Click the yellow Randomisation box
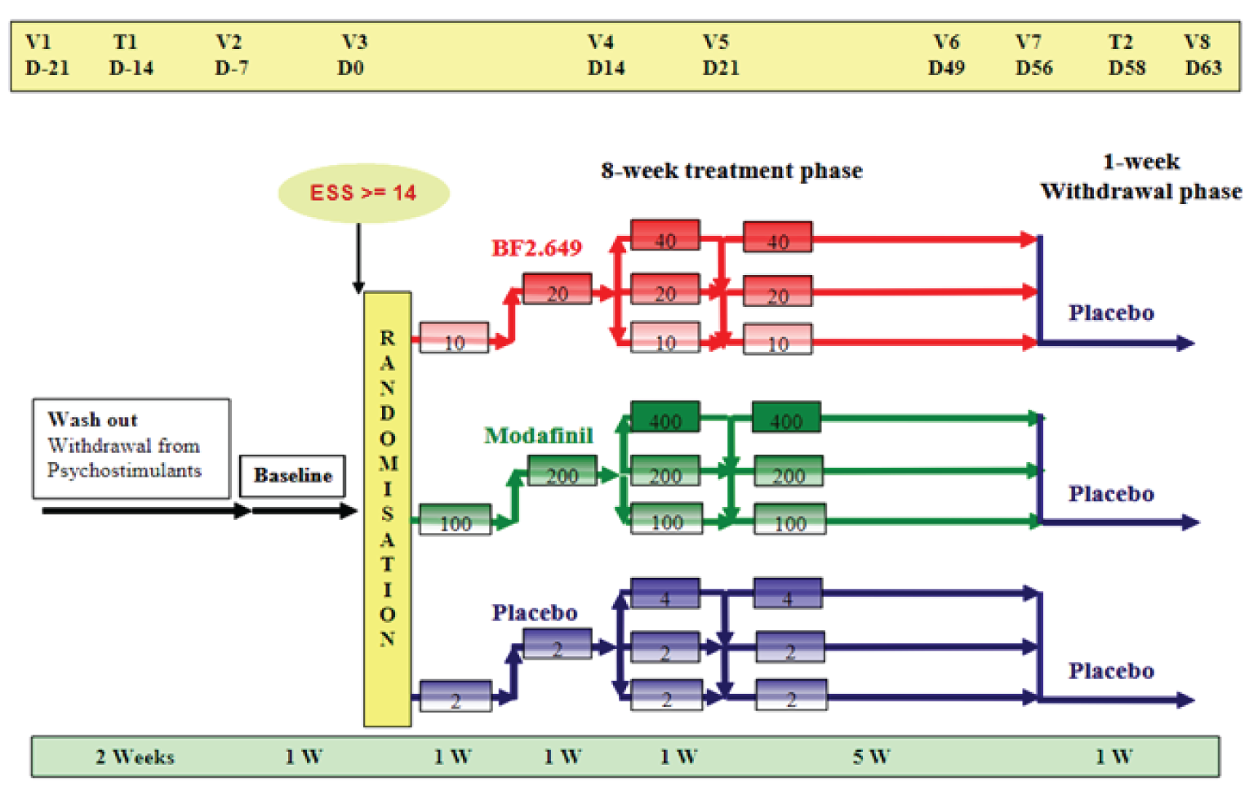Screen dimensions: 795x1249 [x=387, y=508]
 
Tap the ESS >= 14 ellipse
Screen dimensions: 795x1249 [x=363, y=193]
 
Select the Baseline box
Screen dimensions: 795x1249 [x=292, y=476]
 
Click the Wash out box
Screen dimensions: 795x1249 [x=131, y=448]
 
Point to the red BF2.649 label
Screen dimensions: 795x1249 [x=536, y=248]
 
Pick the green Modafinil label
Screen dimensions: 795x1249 [x=538, y=436]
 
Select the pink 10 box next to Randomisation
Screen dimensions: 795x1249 [x=454, y=338]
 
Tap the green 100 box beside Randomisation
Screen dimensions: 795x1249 [x=455, y=520]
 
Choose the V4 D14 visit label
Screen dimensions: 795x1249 [x=606, y=55]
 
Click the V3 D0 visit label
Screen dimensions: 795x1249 [x=353, y=55]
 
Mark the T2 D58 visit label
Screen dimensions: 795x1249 [x=1126, y=55]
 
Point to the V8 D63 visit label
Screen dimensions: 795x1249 [x=1202, y=55]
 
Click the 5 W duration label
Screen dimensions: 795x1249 [x=871, y=757]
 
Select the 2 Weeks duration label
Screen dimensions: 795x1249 [x=135, y=757]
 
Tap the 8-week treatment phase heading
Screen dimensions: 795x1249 [x=731, y=171]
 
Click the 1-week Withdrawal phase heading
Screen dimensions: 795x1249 [x=1140, y=176]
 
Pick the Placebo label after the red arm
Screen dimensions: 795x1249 [x=1111, y=313]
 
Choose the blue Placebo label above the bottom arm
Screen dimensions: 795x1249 [x=535, y=613]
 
